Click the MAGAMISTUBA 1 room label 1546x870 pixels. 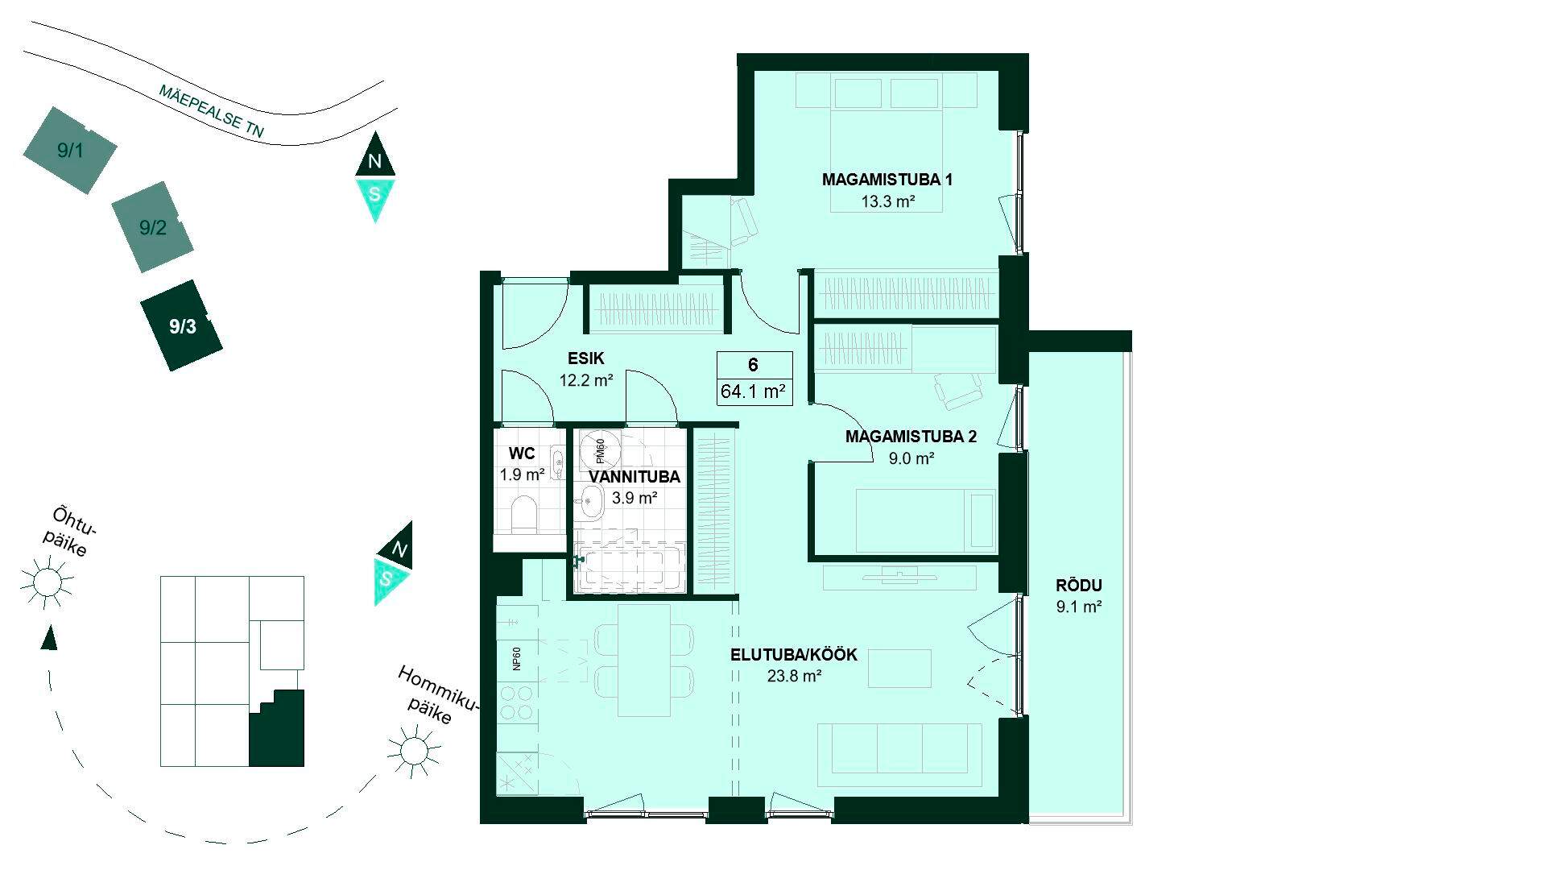click(887, 180)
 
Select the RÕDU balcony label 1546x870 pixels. click(1079, 586)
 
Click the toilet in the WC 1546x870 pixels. click(524, 515)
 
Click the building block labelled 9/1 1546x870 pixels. click(70, 151)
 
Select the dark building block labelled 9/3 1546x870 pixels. click(182, 325)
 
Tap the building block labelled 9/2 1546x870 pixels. click(152, 227)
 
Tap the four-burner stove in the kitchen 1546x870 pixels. click(516, 702)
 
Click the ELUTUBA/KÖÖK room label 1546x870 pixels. click(794, 655)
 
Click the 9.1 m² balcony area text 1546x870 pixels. click(1079, 607)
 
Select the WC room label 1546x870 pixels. click(522, 454)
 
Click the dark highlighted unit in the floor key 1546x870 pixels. click(277, 728)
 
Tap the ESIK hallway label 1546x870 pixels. click(585, 358)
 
